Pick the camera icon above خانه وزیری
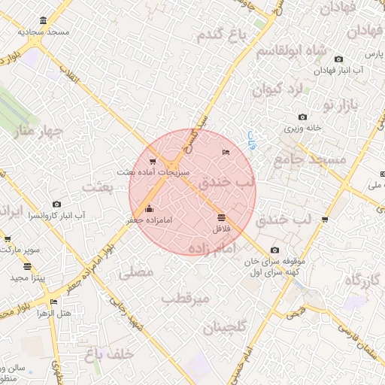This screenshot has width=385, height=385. point(302,117)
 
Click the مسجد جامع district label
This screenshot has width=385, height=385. point(310,159)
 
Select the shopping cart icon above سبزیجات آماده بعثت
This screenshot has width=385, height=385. point(153,161)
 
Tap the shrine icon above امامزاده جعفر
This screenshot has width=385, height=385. point(148,208)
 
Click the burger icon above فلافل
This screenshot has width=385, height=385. point(220,217)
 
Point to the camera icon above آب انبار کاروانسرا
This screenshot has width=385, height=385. point(57,204)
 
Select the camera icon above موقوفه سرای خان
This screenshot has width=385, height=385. point(274,250)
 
